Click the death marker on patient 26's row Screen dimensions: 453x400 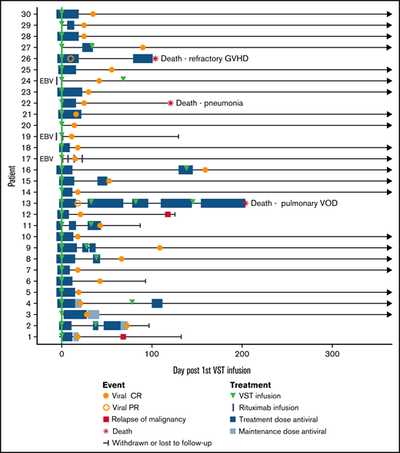(x=155, y=58)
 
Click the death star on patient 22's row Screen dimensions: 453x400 (x=170, y=103)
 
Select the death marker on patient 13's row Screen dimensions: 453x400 (x=245, y=203)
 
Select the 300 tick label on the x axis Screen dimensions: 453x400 (x=332, y=355)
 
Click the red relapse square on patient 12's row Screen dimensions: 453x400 (x=168, y=214)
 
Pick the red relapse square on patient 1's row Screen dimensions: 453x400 (x=123, y=337)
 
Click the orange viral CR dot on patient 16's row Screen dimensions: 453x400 (x=205, y=170)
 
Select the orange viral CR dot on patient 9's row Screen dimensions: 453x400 (x=160, y=248)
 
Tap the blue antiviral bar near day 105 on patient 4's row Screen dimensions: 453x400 (x=157, y=303)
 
